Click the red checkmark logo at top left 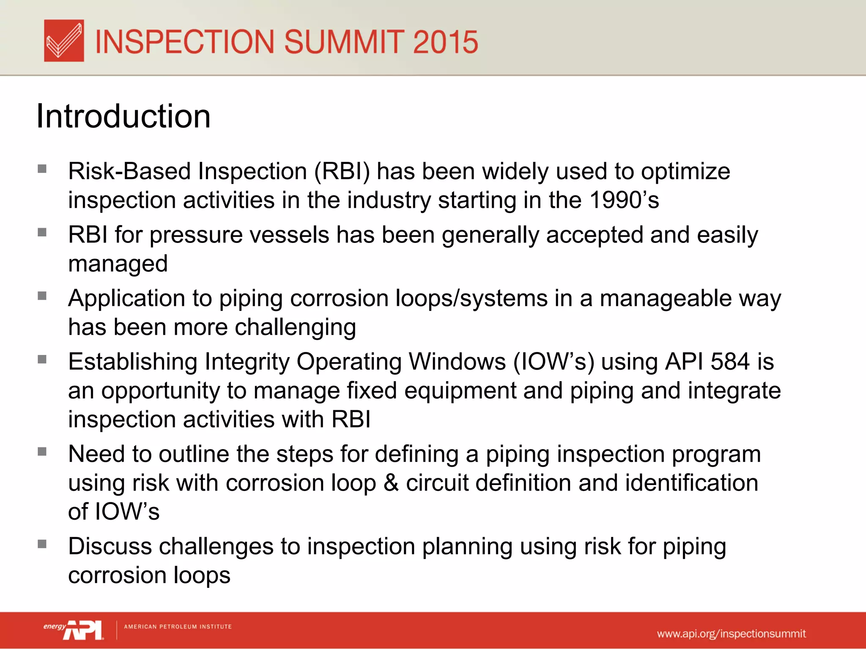point(64,41)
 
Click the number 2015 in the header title point(445,42)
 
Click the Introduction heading point(123,116)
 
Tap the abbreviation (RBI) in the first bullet point(342,172)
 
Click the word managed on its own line point(118,264)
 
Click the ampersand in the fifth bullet point(391,483)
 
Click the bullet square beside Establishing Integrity point(42,360)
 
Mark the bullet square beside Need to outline point(42,452)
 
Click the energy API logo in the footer point(74,629)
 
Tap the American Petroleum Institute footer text point(178,627)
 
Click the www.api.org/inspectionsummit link point(731,634)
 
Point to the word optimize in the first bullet point(685,172)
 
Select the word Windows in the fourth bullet point(457,362)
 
